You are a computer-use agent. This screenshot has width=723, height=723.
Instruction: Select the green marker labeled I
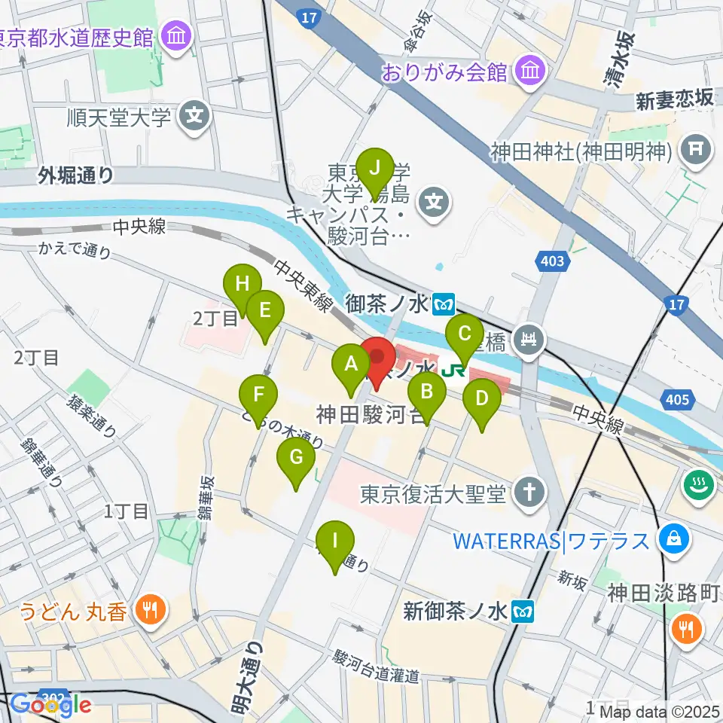335,541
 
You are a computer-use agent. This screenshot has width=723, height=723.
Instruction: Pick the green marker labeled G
296,459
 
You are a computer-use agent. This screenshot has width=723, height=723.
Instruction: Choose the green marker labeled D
482,400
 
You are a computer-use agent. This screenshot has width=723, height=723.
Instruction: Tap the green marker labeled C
465,334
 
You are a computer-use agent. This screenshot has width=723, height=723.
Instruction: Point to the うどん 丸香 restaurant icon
151,610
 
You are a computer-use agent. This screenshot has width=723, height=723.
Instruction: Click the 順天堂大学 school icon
195,117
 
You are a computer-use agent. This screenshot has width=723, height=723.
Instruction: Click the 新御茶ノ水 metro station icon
523,610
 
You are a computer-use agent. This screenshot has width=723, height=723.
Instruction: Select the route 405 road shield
676,399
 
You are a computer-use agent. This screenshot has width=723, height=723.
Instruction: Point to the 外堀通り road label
78,176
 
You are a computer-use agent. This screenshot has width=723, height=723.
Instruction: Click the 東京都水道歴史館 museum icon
179,35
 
